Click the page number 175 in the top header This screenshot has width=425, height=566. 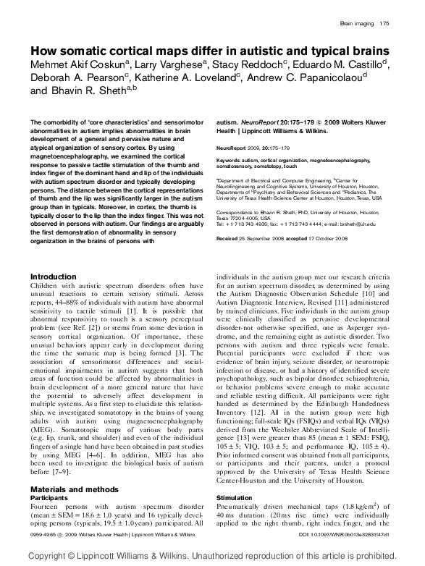[x=384, y=24]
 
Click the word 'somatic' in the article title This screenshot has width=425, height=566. [x=101, y=51]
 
